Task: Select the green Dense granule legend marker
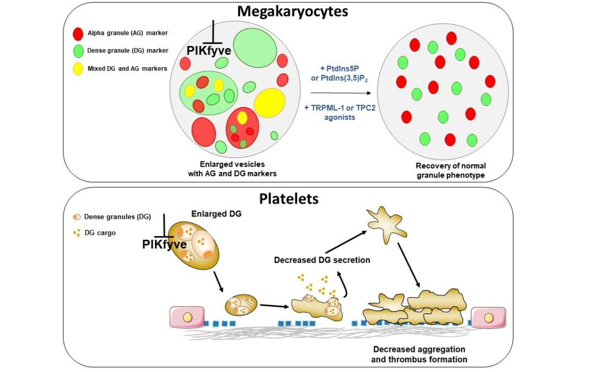pyautogui.click(x=78, y=51)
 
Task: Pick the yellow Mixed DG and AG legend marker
pyautogui.click(x=78, y=68)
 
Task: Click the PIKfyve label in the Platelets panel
pyautogui.click(x=164, y=244)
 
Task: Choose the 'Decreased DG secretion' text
pyautogui.click(x=322, y=260)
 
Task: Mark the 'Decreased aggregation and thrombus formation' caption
pyautogui.click(x=419, y=354)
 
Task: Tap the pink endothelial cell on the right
pyautogui.click(x=488, y=319)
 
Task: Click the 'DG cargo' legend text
pyautogui.click(x=100, y=233)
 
